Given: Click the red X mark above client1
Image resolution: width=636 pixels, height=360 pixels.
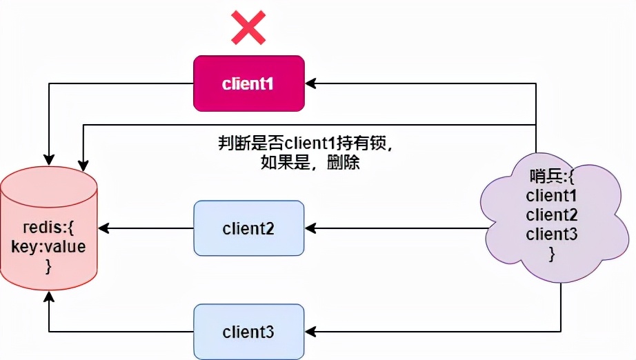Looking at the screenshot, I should click(x=248, y=28).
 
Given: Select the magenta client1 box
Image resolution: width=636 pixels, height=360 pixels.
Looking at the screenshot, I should click(x=248, y=83).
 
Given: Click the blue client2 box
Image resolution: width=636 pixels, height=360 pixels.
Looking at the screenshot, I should click(x=248, y=228).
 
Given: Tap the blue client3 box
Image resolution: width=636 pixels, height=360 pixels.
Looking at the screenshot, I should click(x=248, y=331).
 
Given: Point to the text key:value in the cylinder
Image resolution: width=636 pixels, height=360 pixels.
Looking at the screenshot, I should click(x=48, y=247).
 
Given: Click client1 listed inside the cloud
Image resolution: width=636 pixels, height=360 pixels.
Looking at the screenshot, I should click(x=552, y=195).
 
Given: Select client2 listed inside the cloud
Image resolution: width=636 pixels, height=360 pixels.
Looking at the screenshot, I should click(x=552, y=214).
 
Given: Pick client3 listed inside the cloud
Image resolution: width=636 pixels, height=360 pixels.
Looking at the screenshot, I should click(x=552, y=234).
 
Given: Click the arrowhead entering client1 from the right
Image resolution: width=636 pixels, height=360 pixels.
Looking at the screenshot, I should click(x=310, y=83).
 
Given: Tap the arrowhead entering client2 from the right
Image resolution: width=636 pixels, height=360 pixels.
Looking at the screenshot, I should click(x=310, y=228).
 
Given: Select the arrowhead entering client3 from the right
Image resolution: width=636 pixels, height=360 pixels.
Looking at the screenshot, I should click(x=310, y=331).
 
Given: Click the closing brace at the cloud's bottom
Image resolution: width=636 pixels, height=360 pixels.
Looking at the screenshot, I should click(x=552, y=254).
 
